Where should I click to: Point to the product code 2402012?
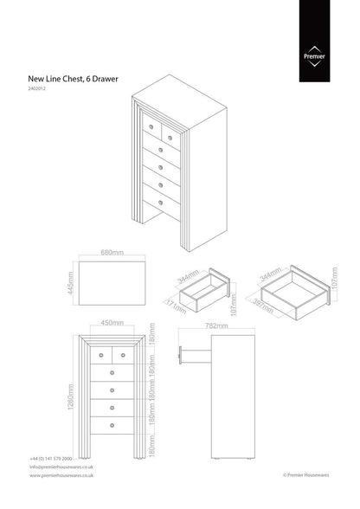pos(39,90)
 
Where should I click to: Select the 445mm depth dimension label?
pos(72,283)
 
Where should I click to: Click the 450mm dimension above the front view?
pos(111,324)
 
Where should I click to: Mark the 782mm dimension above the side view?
pos(216,326)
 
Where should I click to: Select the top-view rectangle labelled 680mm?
pos(112,283)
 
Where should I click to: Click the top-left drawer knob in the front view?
pos(101,354)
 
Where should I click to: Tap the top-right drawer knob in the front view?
pos(122,354)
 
